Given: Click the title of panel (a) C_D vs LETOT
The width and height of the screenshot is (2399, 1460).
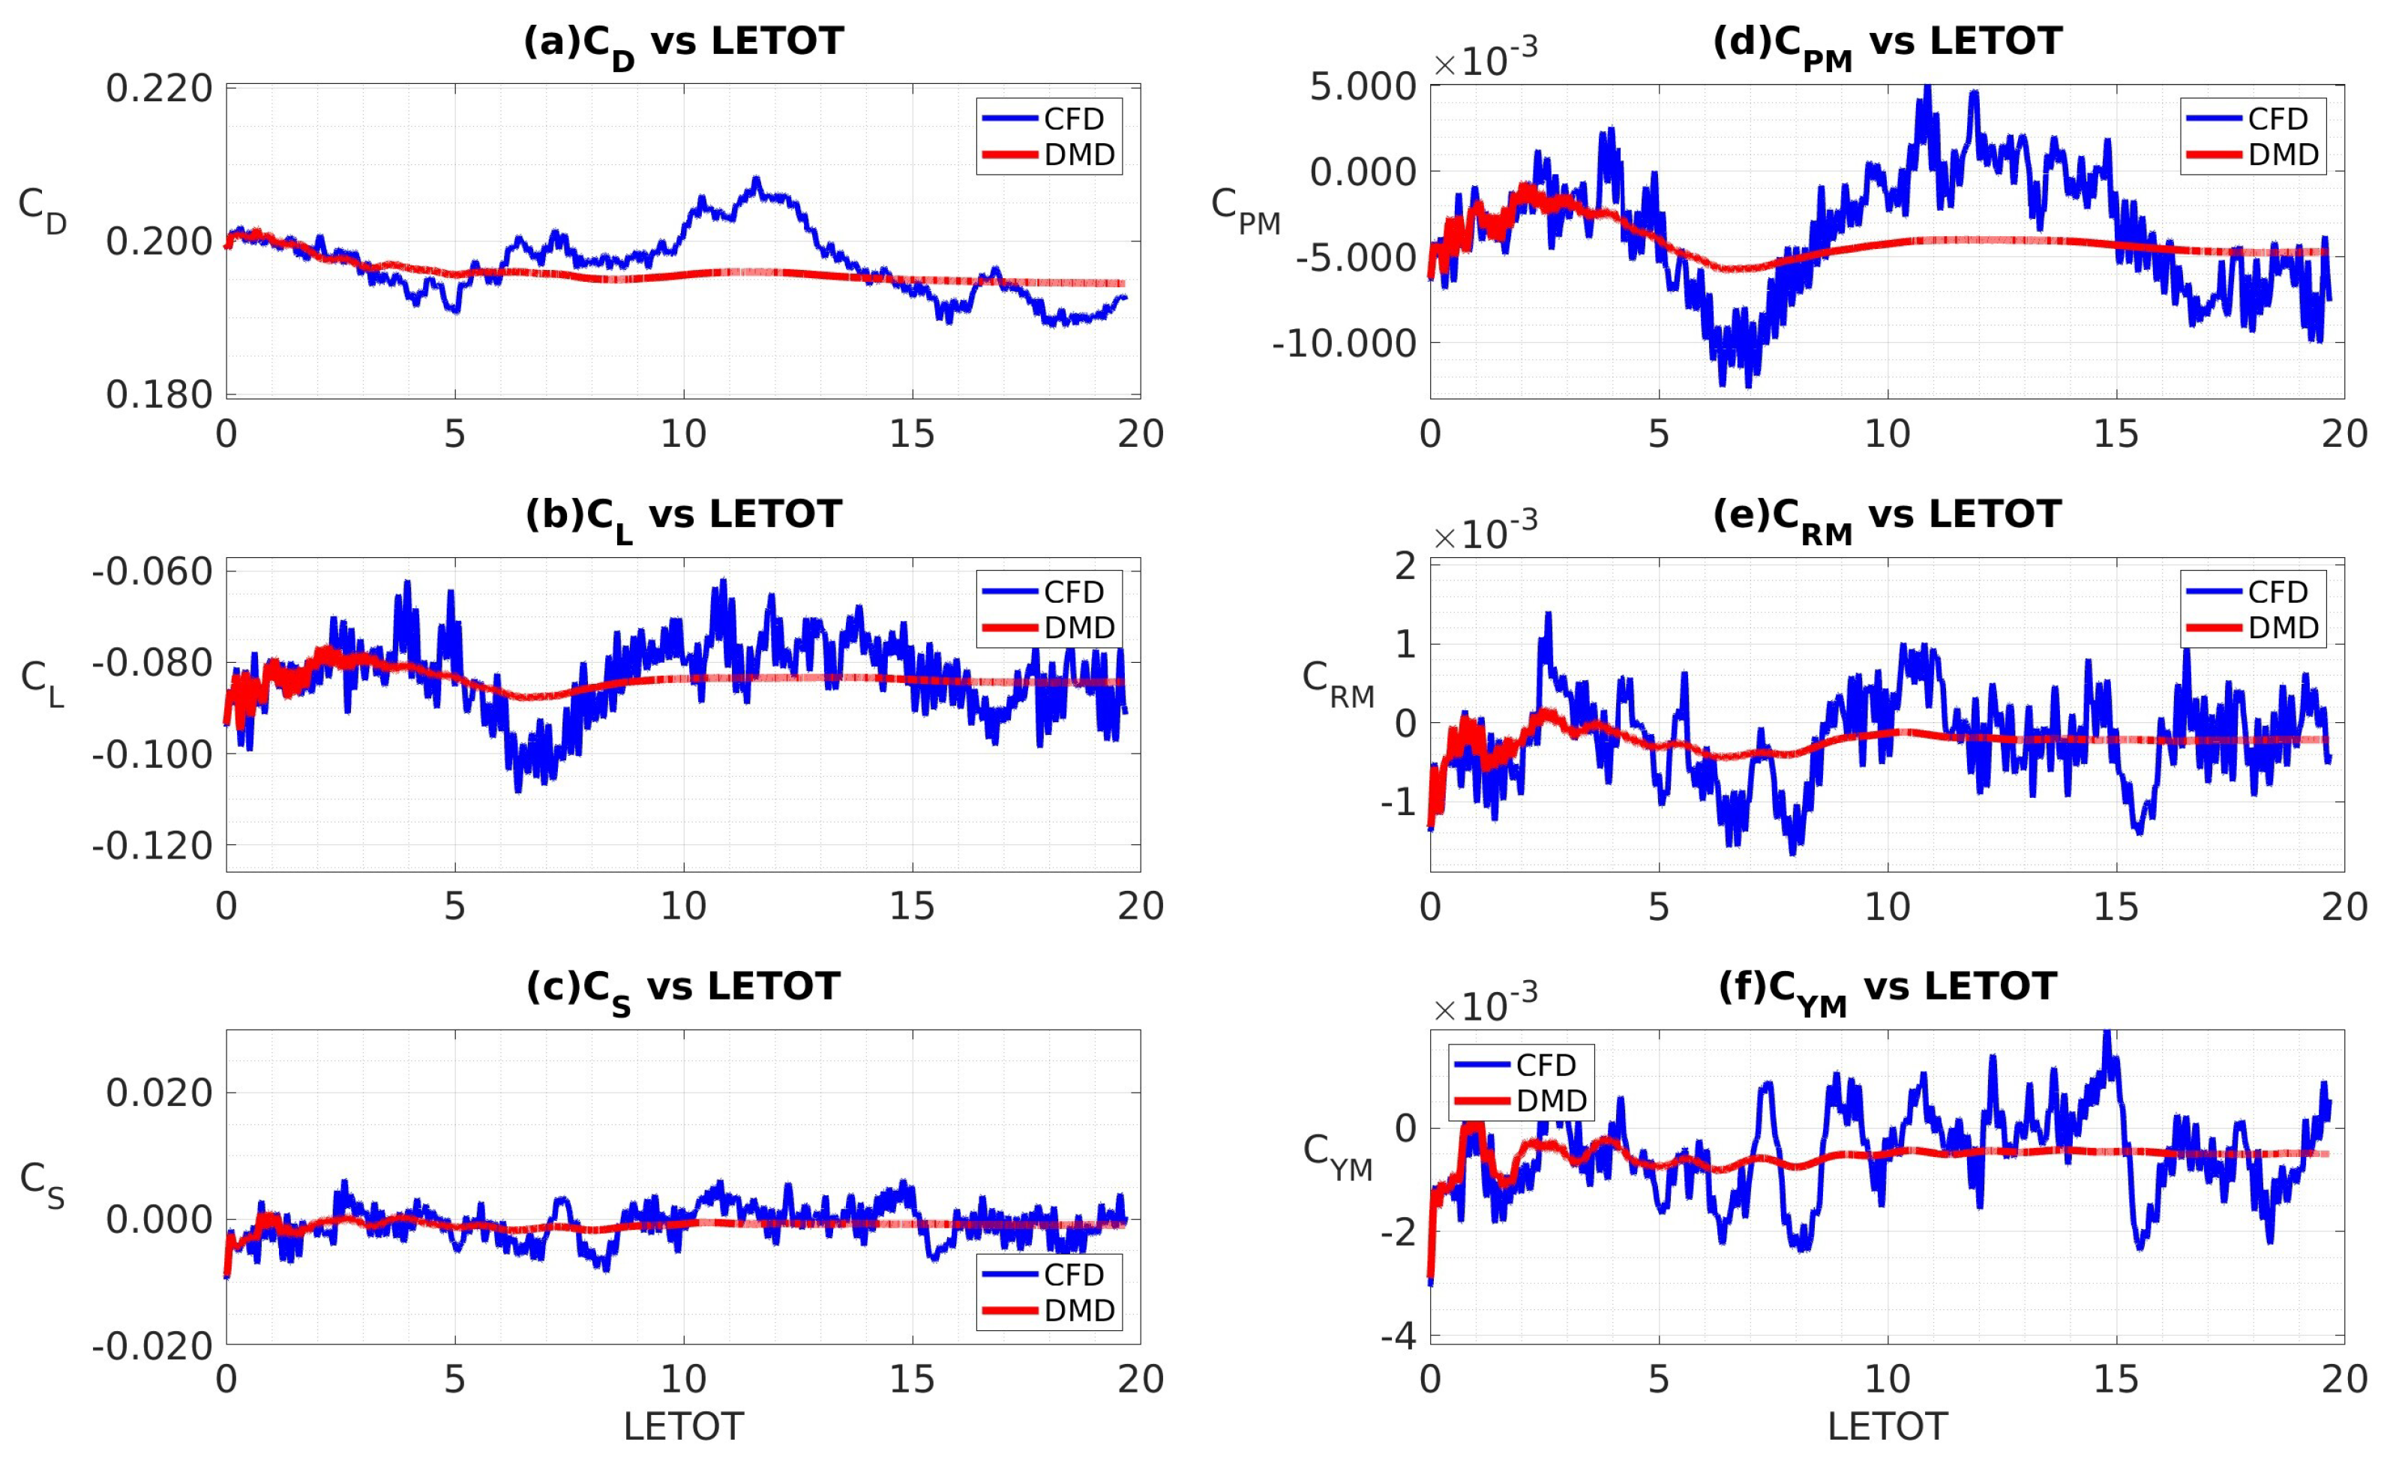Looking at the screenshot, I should [x=682, y=43].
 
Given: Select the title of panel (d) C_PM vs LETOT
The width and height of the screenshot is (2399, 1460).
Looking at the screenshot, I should [x=1886, y=43].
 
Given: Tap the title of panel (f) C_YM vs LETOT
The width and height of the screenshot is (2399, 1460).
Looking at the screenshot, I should [x=1886, y=989].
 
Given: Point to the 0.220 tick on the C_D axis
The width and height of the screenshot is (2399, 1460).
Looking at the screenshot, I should [x=159, y=88].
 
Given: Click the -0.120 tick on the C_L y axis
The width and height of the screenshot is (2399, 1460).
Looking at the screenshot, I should [x=152, y=846].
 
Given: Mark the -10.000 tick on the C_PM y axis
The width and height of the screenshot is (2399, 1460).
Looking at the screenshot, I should [x=1344, y=343].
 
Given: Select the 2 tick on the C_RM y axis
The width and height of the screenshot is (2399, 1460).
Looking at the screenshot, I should [x=1405, y=565].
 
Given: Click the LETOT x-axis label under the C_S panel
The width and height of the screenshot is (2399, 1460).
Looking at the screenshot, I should [x=682, y=1427].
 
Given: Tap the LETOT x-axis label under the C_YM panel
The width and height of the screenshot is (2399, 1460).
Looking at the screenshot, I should [x=1886, y=1427].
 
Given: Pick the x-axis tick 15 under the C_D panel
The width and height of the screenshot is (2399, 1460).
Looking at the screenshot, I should [x=913, y=433].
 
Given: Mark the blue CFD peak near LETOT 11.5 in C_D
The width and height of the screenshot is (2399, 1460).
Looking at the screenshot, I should [x=755, y=180].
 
